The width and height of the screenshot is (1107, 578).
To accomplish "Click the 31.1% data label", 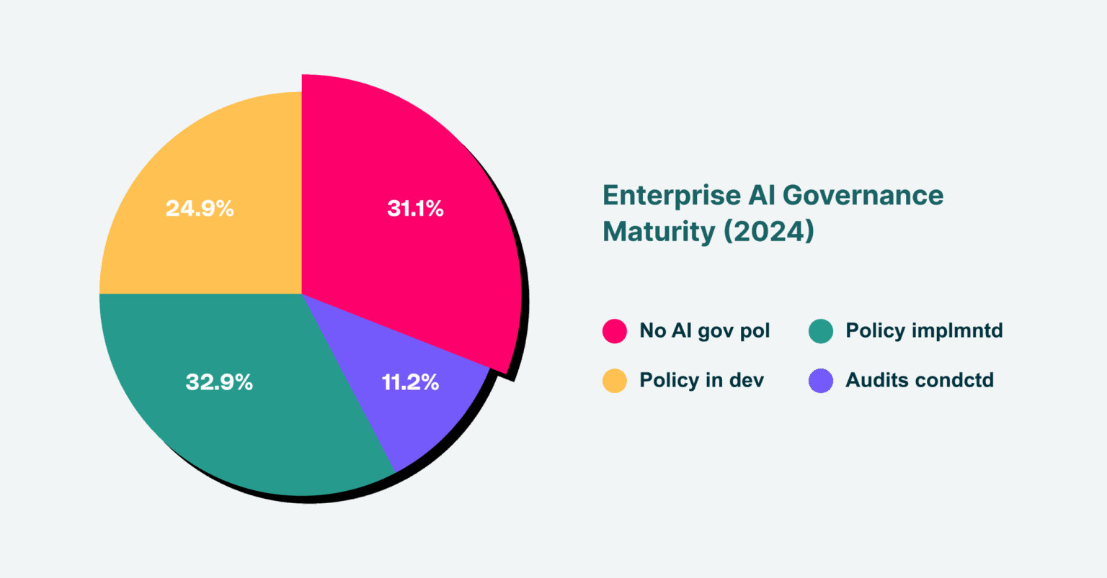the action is (416, 208).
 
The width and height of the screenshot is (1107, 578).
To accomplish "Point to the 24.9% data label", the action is (200, 208).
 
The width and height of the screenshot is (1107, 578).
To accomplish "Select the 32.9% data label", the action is (219, 382).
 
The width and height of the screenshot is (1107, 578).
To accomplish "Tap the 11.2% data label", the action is (411, 382).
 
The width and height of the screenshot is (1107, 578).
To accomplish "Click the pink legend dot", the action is (615, 330).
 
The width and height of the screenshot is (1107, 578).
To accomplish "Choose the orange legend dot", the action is (615, 381).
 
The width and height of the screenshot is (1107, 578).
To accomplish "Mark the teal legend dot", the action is (821, 330).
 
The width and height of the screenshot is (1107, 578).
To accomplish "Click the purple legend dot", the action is (821, 381).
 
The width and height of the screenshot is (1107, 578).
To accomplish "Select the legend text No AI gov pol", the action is (705, 331).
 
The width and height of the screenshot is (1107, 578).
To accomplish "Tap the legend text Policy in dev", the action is (702, 381).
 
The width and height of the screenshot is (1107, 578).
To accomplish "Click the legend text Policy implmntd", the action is (924, 331).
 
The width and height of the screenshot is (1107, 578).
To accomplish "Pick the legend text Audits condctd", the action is (920, 380).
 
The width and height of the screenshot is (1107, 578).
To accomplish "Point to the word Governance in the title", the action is (863, 196).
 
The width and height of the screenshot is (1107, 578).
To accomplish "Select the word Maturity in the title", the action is (659, 232).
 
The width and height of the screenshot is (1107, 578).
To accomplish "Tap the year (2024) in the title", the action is (769, 232).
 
